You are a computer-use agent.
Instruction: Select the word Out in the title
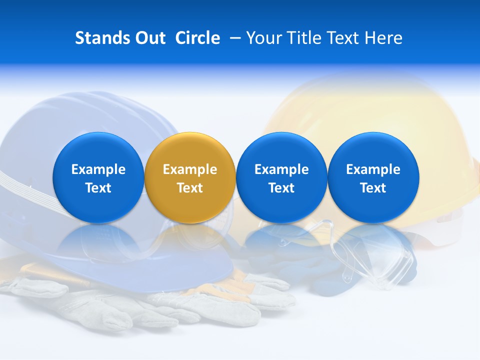pos(149,38)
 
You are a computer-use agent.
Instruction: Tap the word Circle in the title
pos(197,38)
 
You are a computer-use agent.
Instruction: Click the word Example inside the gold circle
pos(190,169)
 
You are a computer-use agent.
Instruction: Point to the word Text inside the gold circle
pos(190,188)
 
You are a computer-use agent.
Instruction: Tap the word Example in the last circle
pos(373,169)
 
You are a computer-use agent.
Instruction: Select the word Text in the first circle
pos(98,188)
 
